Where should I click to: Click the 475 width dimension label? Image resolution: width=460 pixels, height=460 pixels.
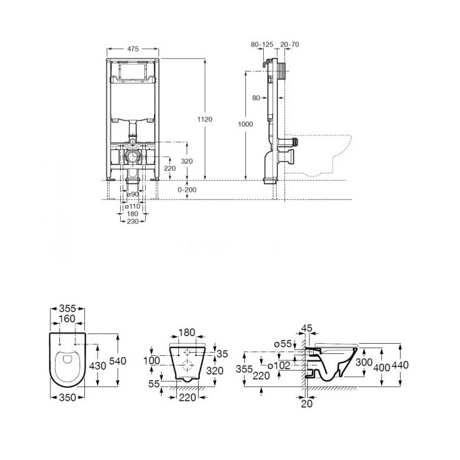pos(133,49)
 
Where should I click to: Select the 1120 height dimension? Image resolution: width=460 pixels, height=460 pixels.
pos(205,119)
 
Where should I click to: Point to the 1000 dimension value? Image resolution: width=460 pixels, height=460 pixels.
pos(245,124)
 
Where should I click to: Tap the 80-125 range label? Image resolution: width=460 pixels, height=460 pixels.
pos(262,44)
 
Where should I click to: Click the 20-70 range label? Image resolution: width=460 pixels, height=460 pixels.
pos(289,44)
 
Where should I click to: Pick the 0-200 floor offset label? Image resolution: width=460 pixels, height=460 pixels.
pos(187,190)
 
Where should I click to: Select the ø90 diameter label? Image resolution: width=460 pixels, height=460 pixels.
pos(133,194)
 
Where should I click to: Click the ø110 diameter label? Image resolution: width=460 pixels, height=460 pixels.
pos(133,206)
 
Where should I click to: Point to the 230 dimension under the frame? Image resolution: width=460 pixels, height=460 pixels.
pos(133,222)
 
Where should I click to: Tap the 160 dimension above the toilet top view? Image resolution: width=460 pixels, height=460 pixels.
pos(67,319)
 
